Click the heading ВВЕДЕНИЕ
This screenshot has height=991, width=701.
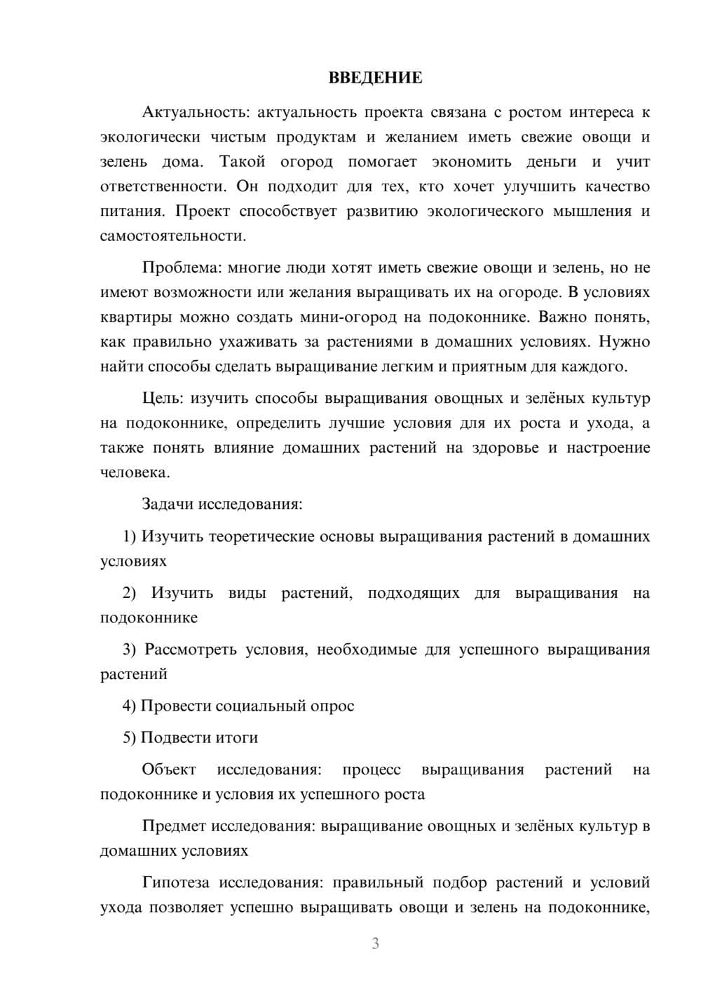pyautogui.click(x=376, y=78)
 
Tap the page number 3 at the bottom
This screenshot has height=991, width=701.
pyautogui.click(x=375, y=943)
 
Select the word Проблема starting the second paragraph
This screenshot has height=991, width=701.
pyautogui.click(x=174, y=268)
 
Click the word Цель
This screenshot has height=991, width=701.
pyautogui.click(x=162, y=399)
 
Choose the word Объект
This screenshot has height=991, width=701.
pyautogui.click(x=169, y=770)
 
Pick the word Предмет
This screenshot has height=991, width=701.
pyautogui.click(x=174, y=826)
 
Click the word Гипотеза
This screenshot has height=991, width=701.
pyautogui.click(x=176, y=882)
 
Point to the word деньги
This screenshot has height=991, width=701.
pyautogui.click(x=551, y=162)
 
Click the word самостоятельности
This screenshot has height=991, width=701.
pyautogui.click(x=173, y=236)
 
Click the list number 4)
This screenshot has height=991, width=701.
pyautogui.click(x=129, y=706)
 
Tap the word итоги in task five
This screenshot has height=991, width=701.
pyautogui.click(x=236, y=738)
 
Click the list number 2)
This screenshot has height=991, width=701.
pyautogui.click(x=129, y=594)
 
